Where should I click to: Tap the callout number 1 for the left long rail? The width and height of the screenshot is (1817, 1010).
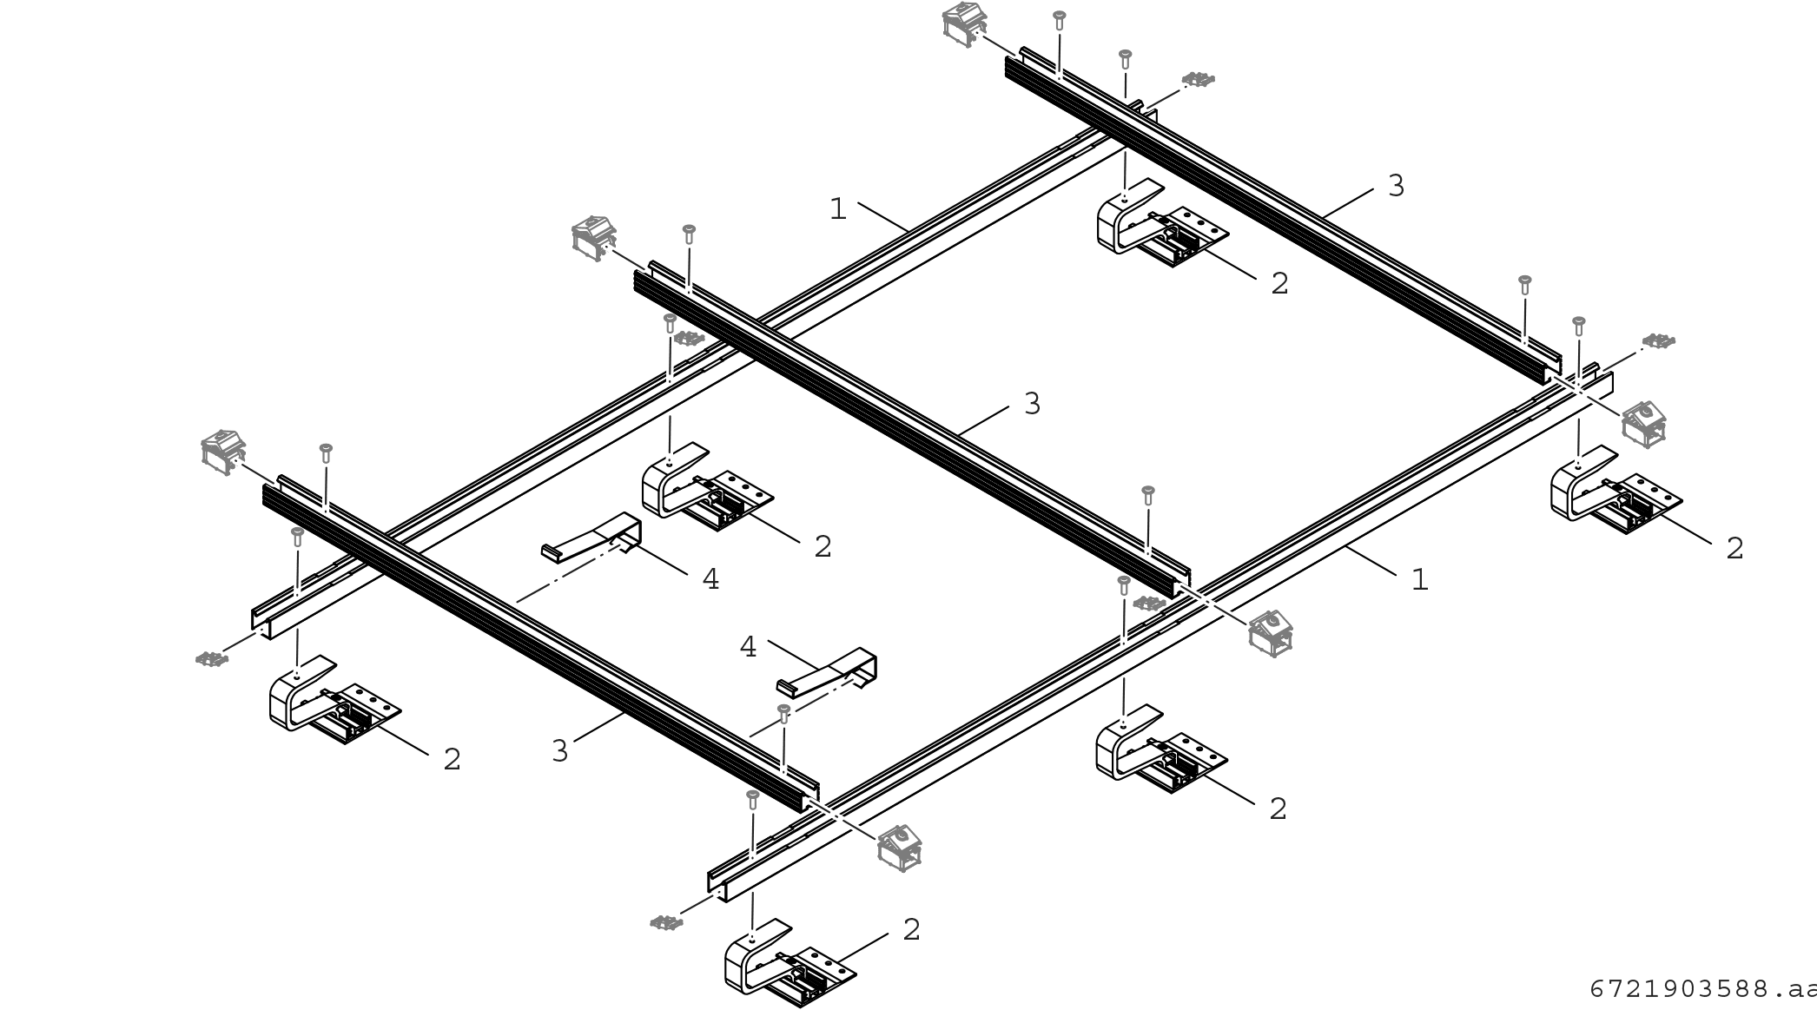tap(837, 209)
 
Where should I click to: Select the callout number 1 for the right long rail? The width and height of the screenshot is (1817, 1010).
tap(1419, 579)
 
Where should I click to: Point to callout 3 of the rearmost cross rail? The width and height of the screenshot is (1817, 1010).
tap(1396, 186)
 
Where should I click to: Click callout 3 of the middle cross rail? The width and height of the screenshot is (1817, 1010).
tap(1032, 404)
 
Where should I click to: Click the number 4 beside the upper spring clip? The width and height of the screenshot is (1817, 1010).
tap(710, 579)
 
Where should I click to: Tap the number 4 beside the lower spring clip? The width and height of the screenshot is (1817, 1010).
tap(748, 647)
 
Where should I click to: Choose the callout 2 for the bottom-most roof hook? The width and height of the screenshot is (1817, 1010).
tap(911, 930)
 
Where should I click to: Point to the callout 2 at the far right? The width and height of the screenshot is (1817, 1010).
tap(1734, 549)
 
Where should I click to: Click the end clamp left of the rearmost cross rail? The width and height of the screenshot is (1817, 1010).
tap(963, 21)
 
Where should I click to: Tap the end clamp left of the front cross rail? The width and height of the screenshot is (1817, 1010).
tap(222, 450)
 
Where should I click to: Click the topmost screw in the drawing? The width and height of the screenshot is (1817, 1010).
tap(1059, 17)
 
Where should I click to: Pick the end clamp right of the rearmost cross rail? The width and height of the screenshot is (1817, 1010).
tap(1643, 423)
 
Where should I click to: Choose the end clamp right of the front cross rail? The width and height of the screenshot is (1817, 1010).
tap(900, 847)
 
